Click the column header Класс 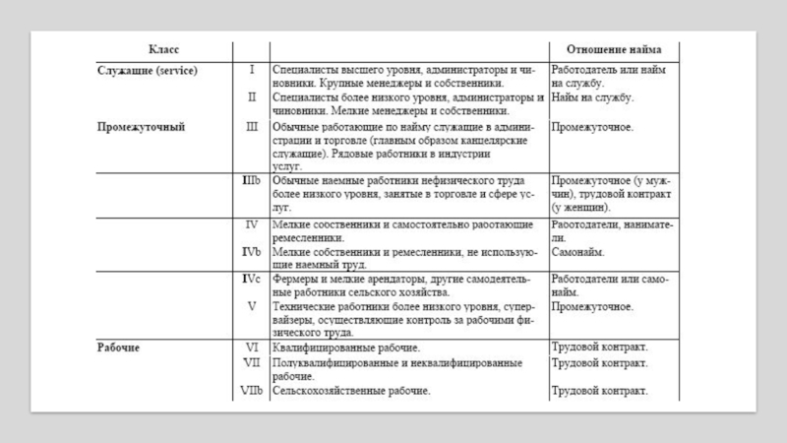click(x=164, y=50)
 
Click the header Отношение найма click(x=614, y=50)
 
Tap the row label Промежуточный click(x=142, y=127)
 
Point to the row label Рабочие click(x=118, y=348)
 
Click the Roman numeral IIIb click(x=251, y=182)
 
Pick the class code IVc click(x=251, y=280)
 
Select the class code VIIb click(x=251, y=392)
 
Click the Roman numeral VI click(x=251, y=348)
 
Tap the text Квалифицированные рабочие click(x=346, y=348)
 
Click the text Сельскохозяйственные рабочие click(x=351, y=392)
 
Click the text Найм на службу click(x=592, y=98)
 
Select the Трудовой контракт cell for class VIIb click(x=599, y=392)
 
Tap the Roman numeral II click(x=251, y=98)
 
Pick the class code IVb click(x=251, y=252)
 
